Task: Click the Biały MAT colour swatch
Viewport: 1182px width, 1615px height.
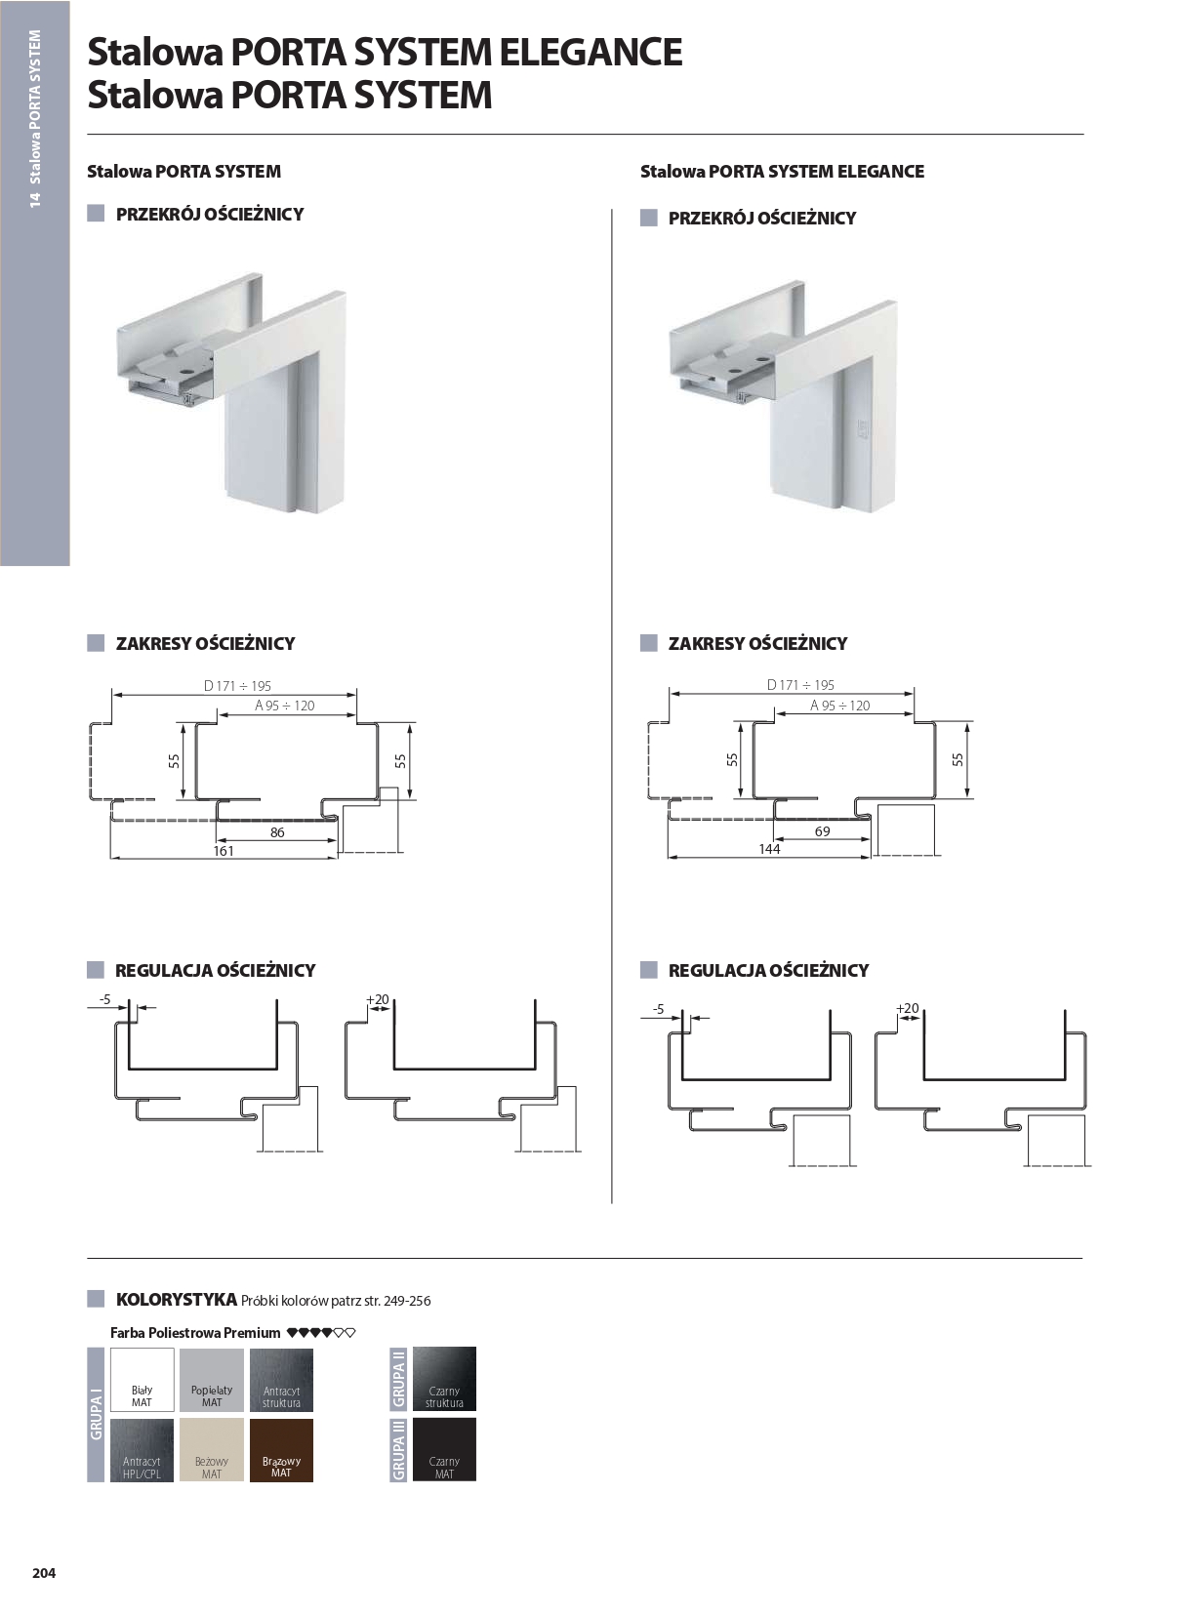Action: (x=143, y=1379)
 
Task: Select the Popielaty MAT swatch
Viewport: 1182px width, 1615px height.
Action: (x=212, y=1379)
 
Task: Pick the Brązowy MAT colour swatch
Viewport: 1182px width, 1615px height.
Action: (x=281, y=1449)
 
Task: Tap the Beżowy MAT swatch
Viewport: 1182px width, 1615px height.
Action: (x=212, y=1449)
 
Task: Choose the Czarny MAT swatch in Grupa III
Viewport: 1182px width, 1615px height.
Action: (x=444, y=1449)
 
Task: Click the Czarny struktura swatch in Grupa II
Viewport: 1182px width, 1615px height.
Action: (x=444, y=1378)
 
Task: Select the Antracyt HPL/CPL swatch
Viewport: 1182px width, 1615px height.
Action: (x=143, y=1449)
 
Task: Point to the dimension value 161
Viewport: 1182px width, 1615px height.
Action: (x=224, y=851)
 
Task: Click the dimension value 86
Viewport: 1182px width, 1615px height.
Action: (x=277, y=832)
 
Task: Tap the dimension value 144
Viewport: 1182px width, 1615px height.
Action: (x=769, y=849)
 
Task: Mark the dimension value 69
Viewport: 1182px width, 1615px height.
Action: (x=822, y=831)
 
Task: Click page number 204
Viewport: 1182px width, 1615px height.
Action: (x=44, y=1572)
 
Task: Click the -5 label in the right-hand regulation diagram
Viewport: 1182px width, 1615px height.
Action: (x=658, y=1009)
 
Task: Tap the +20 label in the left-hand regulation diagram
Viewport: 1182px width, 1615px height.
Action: (x=378, y=999)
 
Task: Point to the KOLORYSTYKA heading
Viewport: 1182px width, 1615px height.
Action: (x=176, y=1299)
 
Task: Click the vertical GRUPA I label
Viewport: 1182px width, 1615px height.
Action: (x=96, y=1415)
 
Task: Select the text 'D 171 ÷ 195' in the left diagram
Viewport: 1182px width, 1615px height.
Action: (x=237, y=686)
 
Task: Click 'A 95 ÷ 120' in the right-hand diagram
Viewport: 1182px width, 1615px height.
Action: (x=839, y=706)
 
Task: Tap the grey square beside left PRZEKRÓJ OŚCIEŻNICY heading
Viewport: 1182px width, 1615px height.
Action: (x=96, y=214)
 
